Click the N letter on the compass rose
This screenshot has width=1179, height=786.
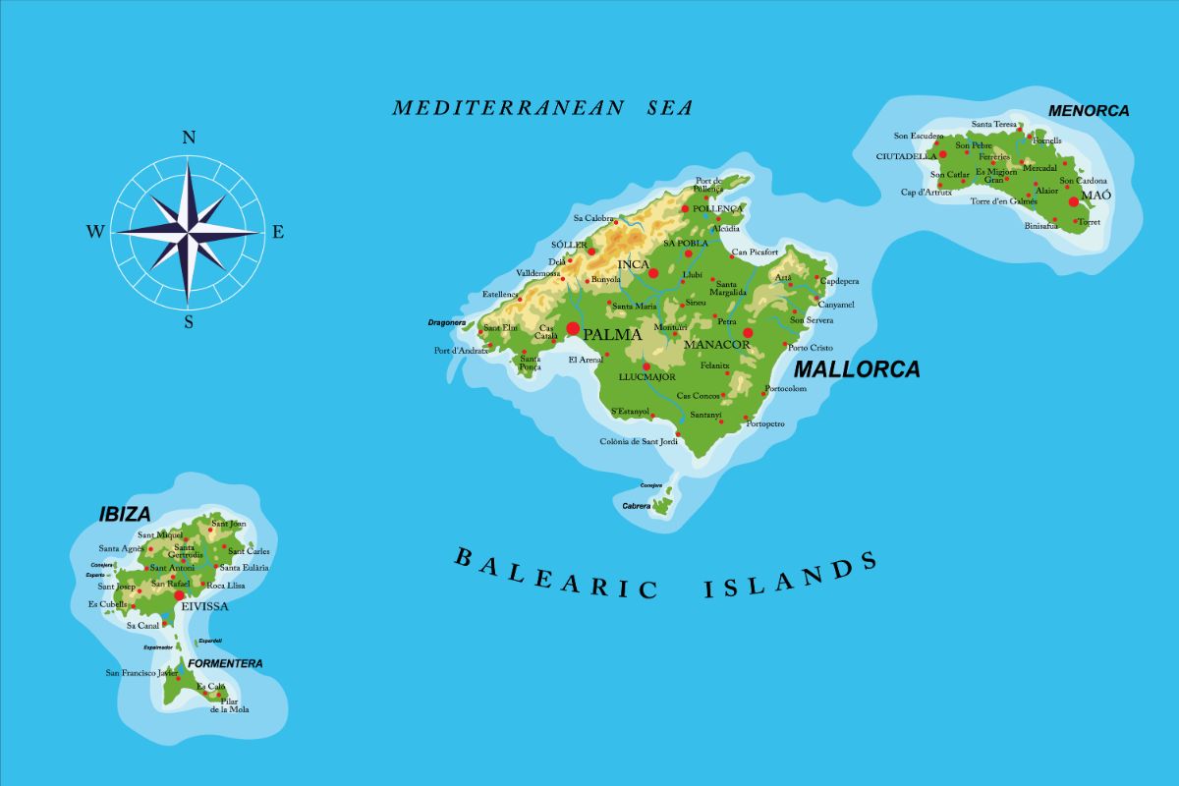tap(189, 138)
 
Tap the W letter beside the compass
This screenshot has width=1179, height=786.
tap(95, 232)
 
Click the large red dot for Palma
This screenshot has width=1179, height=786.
tap(574, 328)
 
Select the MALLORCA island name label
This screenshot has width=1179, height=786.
tap(857, 369)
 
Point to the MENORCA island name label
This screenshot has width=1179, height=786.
tap(1089, 111)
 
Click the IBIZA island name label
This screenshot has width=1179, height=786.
tap(125, 514)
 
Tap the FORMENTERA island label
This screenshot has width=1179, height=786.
tap(225, 663)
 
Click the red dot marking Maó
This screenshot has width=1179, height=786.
tap(1074, 201)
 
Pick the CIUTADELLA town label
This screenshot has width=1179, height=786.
tap(906, 156)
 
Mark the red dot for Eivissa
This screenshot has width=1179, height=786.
tap(179, 595)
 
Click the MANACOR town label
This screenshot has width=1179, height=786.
tap(717, 345)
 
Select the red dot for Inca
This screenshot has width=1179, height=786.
tap(653, 273)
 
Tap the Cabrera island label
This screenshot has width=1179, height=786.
tap(637, 506)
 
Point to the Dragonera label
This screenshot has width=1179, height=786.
tap(446, 322)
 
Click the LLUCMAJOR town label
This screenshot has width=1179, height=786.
tap(646, 377)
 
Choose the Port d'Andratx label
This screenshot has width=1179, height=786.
tap(462, 351)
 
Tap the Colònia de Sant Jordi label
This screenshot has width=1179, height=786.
tap(639, 442)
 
